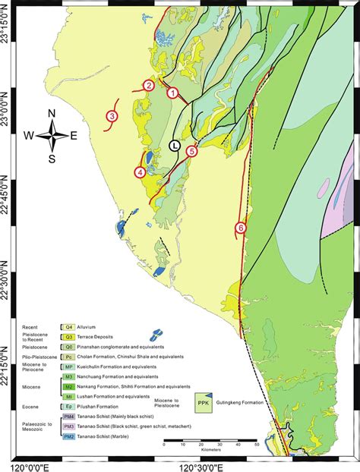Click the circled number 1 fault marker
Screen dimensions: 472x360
(x=173, y=93)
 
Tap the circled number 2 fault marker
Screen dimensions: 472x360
(x=150, y=86)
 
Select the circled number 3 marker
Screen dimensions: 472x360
(x=112, y=116)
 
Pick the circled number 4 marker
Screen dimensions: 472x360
(x=140, y=172)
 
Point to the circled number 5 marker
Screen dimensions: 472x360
(x=192, y=152)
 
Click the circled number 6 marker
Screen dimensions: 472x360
(x=241, y=227)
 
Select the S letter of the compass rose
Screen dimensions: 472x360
(x=52, y=159)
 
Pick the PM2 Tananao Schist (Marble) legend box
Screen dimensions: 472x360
(x=69, y=436)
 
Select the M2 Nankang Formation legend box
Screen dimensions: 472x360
(x=69, y=385)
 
